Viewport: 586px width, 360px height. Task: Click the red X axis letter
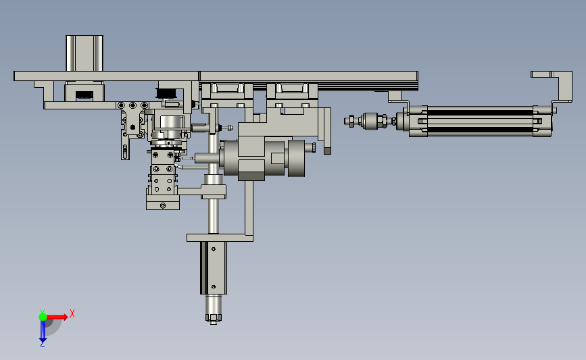72,313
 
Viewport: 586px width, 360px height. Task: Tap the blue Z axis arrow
43,331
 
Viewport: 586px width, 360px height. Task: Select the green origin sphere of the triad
43,317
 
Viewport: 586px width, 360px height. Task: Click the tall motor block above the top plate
84,53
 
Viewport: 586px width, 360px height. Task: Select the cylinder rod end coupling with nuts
370,121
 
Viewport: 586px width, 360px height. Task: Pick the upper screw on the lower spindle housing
214,249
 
